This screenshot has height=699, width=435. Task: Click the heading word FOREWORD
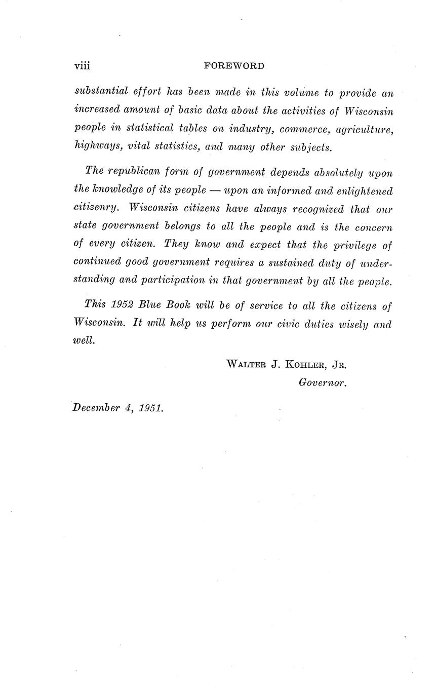point(234,66)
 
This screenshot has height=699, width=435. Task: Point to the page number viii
point(82,66)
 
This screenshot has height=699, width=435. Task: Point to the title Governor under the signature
point(322,383)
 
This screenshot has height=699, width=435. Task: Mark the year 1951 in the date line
point(150,408)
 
